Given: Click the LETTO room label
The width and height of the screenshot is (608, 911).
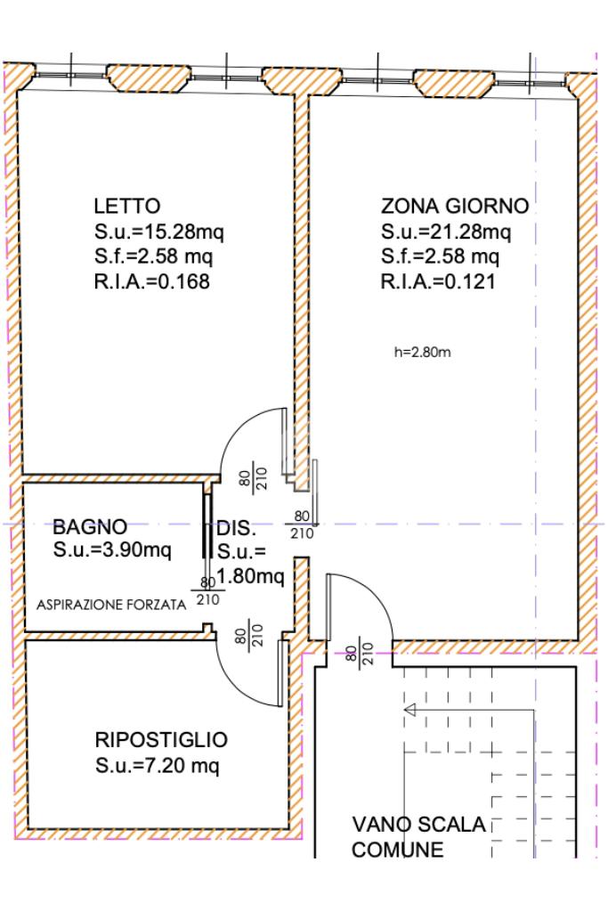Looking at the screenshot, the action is pyautogui.click(x=127, y=206).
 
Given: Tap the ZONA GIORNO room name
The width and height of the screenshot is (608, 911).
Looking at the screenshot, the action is pyautogui.click(x=455, y=206).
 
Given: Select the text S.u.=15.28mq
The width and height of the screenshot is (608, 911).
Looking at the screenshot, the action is pyautogui.click(x=159, y=232).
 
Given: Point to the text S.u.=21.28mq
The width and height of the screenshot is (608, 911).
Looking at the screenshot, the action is pyautogui.click(x=446, y=232).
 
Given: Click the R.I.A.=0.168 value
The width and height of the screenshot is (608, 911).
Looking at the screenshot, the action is pyautogui.click(x=151, y=281).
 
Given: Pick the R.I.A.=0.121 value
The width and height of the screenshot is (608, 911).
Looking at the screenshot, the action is pyautogui.click(x=439, y=281).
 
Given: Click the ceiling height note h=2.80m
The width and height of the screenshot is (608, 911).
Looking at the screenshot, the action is pyautogui.click(x=423, y=352).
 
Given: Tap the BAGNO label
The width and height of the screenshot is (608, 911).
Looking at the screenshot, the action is pyautogui.click(x=90, y=527).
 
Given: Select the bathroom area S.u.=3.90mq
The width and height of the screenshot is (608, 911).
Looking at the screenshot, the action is pyautogui.click(x=112, y=549).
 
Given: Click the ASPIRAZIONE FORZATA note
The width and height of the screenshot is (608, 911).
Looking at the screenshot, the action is pyautogui.click(x=111, y=605).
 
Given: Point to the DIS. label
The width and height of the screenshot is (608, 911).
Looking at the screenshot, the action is pyautogui.click(x=237, y=528).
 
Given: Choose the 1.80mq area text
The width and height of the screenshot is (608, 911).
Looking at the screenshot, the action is pyautogui.click(x=251, y=576).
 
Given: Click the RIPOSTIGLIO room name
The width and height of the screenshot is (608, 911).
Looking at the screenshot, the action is pyautogui.click(x=161, y=740).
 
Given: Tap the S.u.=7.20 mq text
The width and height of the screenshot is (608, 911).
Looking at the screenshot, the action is pyautogui.click(x=158, y=765).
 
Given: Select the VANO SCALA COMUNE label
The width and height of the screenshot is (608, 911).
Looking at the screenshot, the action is pyautogui.click(x=418, y=836).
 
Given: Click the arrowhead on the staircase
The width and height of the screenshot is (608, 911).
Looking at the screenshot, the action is pyautogui.click(x=410, y=710).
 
